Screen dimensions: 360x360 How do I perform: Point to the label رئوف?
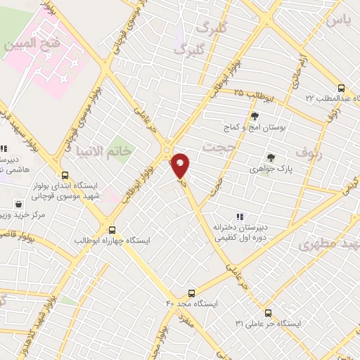point(308,151)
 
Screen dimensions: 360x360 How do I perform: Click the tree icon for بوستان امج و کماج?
point(255,117)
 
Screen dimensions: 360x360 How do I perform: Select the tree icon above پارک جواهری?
point(271,157)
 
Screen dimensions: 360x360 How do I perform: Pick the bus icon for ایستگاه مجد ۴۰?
point(192,292)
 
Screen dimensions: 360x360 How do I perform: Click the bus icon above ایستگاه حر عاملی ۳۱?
point(268,313)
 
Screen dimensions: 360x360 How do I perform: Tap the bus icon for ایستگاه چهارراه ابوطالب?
point(112,229)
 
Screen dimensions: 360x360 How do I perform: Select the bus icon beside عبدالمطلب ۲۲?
point(342,89)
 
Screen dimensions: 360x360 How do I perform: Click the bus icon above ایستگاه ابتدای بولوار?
point(65,176)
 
